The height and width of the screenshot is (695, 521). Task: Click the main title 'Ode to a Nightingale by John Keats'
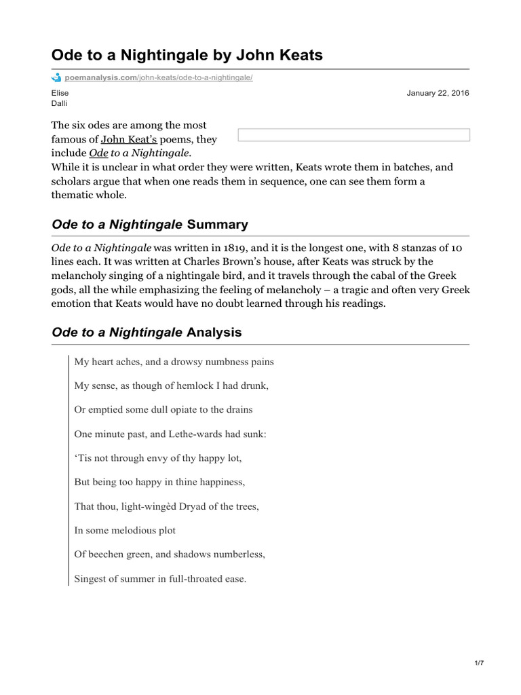pos(187,55)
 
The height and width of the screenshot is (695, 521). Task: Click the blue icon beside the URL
pos(56,78)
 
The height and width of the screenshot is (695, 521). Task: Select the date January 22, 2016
pos(438,93)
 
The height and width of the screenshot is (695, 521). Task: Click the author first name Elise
pos(60,93)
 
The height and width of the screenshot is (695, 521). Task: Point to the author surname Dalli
pos(60,103)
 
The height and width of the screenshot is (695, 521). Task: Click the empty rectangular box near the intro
pos(353,135)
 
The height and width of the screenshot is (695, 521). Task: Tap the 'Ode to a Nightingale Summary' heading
pos(150,224)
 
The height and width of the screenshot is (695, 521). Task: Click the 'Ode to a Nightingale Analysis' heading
pos(147,333)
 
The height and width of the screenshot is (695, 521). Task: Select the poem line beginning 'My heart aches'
pos(174,362)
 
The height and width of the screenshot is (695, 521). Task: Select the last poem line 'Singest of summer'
pos(160,579)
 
